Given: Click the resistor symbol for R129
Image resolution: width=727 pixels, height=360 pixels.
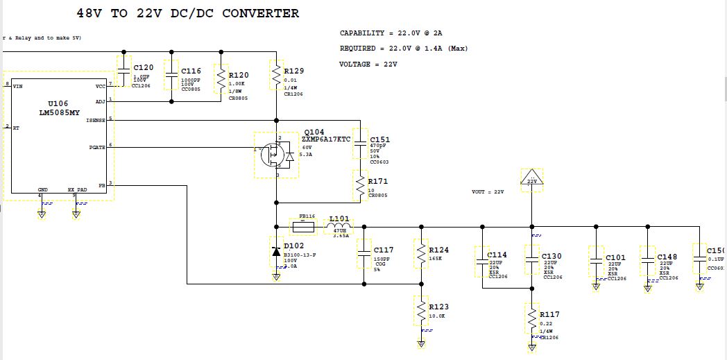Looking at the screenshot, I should (276, 73).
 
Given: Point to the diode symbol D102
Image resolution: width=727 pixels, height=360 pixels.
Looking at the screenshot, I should (276, 251).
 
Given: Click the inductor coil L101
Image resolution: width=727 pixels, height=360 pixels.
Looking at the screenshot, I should (339, 226).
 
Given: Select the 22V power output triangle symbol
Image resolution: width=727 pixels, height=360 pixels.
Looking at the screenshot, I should (532, 179).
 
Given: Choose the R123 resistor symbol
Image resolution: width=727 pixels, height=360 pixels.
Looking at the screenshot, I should (420, 310).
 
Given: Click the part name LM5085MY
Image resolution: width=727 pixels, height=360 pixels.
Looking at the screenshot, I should (58, 112).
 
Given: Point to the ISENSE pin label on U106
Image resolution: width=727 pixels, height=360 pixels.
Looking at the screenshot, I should (96, 121).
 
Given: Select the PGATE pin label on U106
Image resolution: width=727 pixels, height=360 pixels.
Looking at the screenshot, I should (97, 147).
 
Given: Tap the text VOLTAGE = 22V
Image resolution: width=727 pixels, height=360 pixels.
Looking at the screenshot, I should (368, 65).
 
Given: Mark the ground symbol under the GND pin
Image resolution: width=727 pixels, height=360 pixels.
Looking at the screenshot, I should (41, 214).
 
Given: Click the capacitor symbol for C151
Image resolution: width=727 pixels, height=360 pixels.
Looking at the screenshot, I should (360, 146).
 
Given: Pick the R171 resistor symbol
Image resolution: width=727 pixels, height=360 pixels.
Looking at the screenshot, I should (360, 185).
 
